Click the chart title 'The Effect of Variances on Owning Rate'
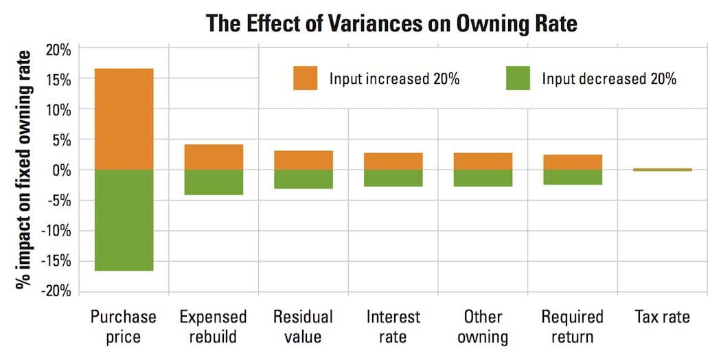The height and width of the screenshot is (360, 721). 391,23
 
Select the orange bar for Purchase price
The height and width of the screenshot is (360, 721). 124,119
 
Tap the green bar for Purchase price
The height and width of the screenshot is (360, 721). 124,220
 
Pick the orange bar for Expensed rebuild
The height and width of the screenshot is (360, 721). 214,157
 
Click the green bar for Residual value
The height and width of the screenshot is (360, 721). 304,179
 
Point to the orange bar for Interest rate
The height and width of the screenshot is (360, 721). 393,161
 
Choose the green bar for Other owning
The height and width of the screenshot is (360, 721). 483,178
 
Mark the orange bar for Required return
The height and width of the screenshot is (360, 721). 573,162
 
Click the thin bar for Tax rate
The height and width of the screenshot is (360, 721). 663,169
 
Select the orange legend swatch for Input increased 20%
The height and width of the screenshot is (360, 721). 305,78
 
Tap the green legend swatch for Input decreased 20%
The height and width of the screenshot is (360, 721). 518,78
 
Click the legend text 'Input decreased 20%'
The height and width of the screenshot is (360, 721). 609,79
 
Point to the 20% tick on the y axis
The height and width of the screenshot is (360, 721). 57,49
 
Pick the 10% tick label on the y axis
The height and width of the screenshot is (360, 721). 57,109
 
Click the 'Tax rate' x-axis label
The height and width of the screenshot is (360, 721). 663,317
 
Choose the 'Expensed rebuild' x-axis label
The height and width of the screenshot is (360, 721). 214,327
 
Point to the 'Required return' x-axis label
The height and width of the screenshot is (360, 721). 573,327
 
